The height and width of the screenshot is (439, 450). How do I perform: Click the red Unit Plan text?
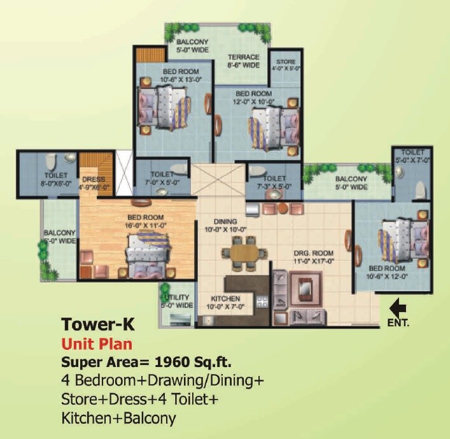point(97,344)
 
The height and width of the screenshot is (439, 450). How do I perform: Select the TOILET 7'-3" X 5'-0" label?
point(274,182)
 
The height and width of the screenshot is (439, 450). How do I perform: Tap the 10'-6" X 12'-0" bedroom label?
point(384,273)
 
